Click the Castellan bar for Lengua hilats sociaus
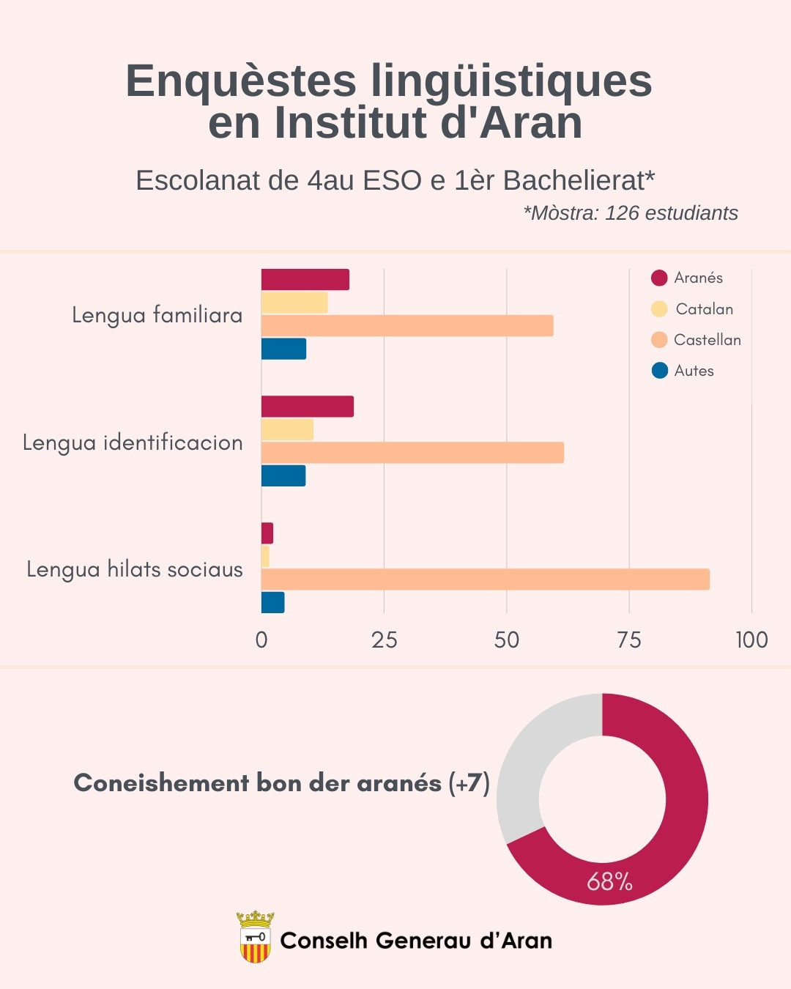[485, 579]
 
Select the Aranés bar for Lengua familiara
[305, 280]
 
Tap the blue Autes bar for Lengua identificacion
[283, 476]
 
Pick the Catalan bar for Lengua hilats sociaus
[265, 557]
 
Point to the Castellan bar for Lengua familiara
[407, 326]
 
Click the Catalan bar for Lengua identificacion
[287, 430]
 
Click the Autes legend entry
[683, 371]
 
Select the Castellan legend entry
[697, 340]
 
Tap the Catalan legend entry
[692, 309]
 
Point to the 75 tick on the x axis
[628, 640]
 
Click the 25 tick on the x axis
[384, 640]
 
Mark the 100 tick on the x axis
[751, 640]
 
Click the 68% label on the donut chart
[609, 881]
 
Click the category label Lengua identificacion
[133, 442]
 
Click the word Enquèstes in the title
[241, 81]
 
